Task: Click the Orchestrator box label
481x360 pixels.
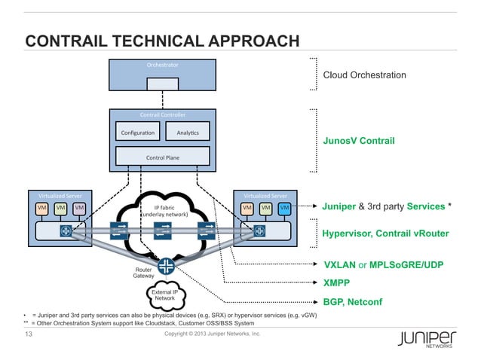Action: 163,65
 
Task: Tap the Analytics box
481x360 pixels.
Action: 188,133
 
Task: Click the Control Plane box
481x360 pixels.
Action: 162,157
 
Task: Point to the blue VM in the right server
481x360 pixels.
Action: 284,207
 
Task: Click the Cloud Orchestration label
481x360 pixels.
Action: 364,75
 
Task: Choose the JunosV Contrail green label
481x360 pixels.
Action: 359,141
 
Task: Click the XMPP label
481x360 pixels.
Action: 337,284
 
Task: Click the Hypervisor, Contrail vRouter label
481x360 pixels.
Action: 384,234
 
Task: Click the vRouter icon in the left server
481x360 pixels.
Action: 65,230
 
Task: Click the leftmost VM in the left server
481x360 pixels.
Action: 42,207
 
